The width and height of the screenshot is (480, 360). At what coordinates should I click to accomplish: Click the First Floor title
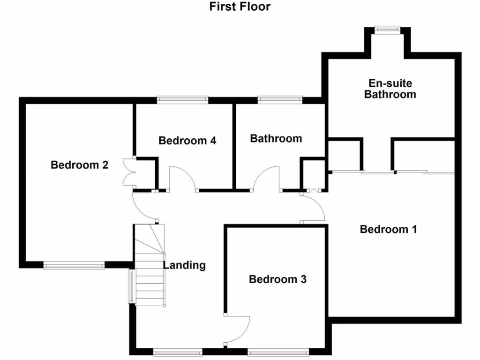click(240, 7)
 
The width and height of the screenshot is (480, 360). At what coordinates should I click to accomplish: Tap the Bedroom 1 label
click(388, 229)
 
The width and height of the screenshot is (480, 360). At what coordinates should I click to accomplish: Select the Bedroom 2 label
click(80, 165)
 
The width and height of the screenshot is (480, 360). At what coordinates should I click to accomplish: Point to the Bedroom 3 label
click(277, 279)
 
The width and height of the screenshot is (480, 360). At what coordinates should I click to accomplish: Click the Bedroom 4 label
click(187, 141)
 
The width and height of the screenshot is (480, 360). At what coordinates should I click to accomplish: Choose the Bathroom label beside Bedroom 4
click(276, 139)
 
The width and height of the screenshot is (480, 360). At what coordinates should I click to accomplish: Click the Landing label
click(184, 265)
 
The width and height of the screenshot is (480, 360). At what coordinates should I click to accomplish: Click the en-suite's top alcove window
click(388, 30)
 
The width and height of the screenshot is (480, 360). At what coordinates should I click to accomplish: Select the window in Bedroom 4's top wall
click(182, 99)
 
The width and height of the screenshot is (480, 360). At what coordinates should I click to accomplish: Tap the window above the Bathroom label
click(280, 99)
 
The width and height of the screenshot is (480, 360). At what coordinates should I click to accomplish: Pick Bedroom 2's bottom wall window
click(74, 266)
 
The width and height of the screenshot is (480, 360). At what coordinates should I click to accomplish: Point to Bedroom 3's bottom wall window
click(278, 351)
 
